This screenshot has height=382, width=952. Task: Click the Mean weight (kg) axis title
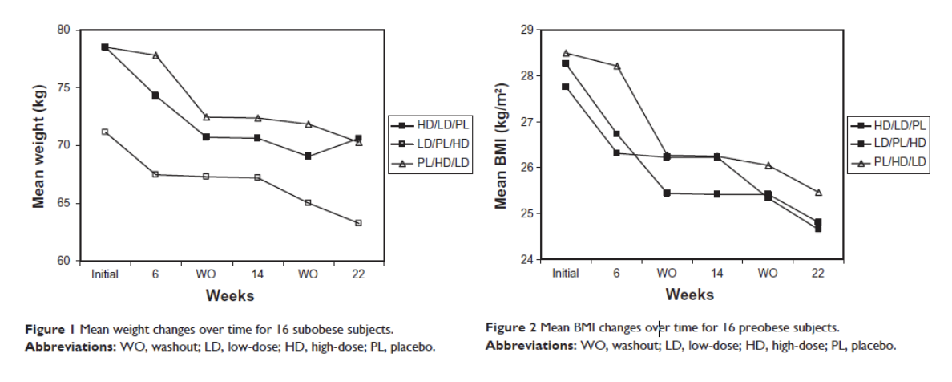pyautogui.click(x=38, y=144)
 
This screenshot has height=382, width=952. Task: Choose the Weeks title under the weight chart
pyautogui.click(x=230, y=295)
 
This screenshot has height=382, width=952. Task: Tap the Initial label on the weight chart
pyautogui.click(x=105, y=274)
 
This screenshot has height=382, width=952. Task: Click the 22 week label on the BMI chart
pyautogui.click(x=818, y=274)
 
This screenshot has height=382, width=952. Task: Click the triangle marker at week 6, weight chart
pyautogui.click(x=155, y=55)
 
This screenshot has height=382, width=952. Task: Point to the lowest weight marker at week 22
pyautogui.click(x=357, y=222)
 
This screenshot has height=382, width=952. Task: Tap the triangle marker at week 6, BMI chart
pyautogui.click(x=616, y=66)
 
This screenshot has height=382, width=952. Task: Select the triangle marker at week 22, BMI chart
pyautogui.click(x=818, y=193)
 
